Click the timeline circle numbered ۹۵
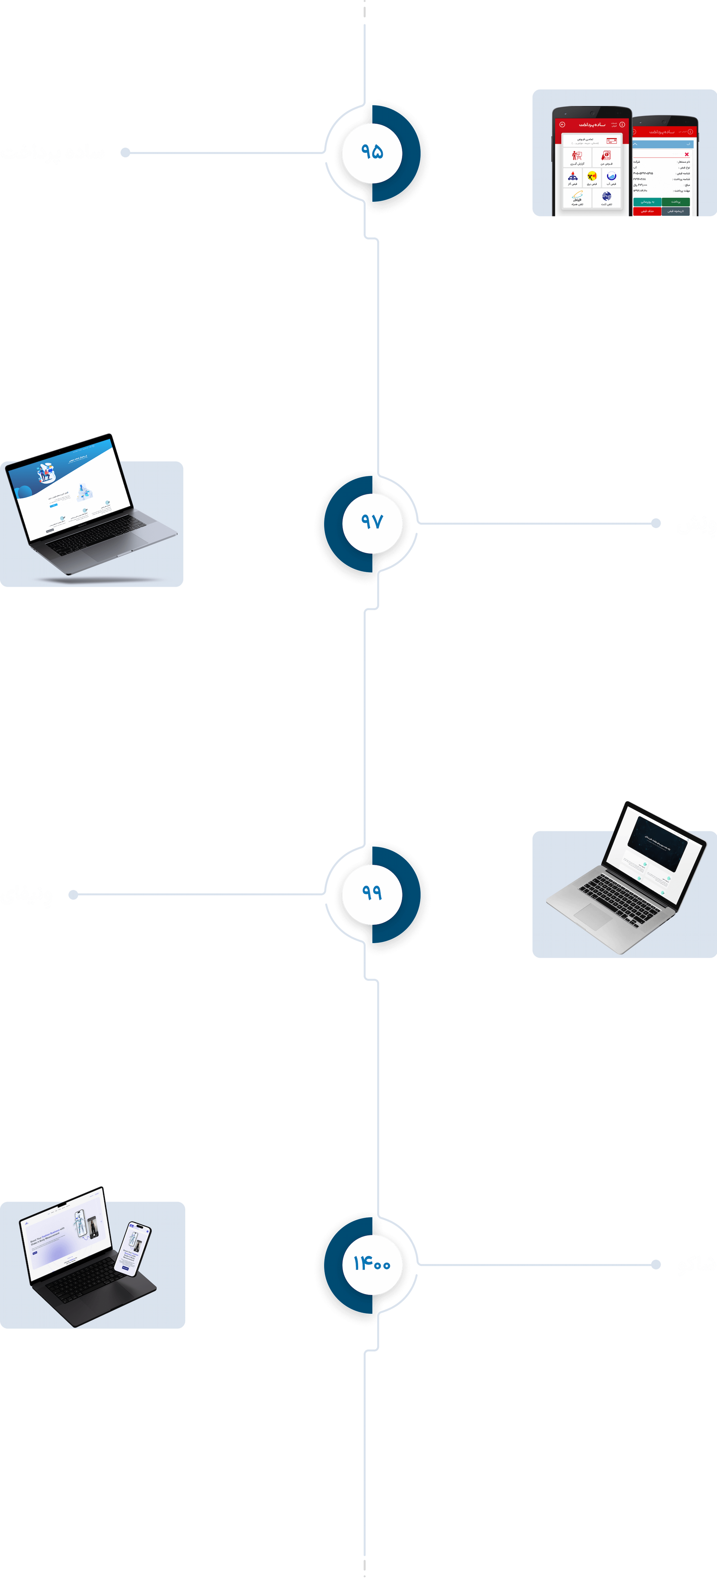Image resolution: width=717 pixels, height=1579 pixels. click(x=372, y=152)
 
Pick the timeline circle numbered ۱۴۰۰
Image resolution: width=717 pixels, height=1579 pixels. click(x=372, y=1264)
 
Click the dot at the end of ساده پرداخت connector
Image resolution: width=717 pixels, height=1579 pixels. click(x=125, y=152)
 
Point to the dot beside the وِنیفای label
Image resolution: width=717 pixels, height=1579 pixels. click(x=73, y=895)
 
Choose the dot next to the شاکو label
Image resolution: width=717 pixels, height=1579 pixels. click(x=656, y=1264)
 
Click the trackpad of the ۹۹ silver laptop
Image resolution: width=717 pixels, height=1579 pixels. click(x=593, y=917)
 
